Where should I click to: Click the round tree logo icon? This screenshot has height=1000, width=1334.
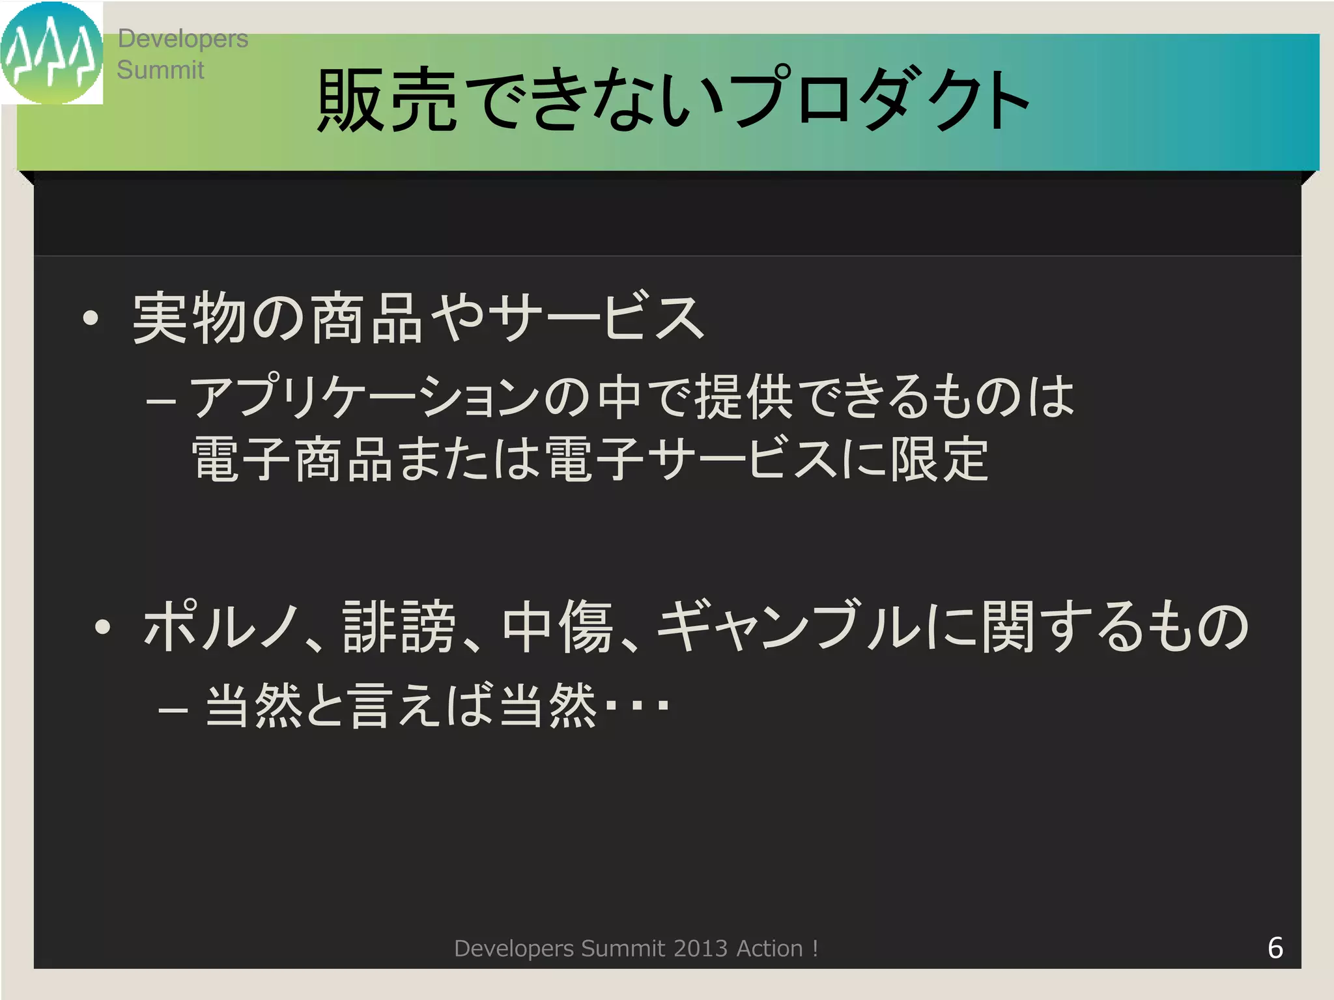[51, 53]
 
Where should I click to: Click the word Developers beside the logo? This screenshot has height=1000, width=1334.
[182, 39]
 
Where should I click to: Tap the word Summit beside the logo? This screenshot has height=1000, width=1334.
[160, 70]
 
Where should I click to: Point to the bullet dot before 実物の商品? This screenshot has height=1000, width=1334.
[91, 319]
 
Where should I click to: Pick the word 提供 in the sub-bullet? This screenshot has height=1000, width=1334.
[744, 397]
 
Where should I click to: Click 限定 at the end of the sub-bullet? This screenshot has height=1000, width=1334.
[939, 460]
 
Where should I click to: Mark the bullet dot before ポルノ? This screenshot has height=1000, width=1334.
[102, 627]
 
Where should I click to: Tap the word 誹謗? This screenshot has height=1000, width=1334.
[399, 627]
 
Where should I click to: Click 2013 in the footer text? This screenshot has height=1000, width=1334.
[700, 949]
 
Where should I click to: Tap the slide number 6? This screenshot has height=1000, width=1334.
[1275, 948]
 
